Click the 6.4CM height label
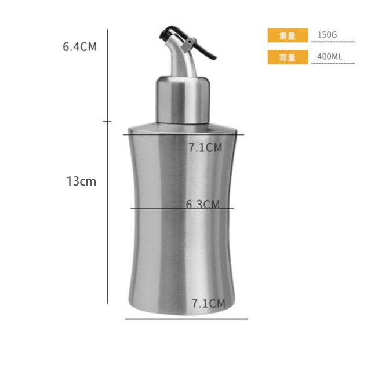pos(79,47)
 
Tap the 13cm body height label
pos(81,181)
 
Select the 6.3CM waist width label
pos(203,204)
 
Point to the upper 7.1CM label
pos(205,147)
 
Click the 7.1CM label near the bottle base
pos(208,303)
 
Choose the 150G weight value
pos(327,35)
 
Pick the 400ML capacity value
pos(330,56)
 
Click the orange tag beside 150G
pos(287,35)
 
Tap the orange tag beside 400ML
pos(287,57)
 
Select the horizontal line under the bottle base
pos(186,318)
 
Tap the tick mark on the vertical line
pos(107,121)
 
